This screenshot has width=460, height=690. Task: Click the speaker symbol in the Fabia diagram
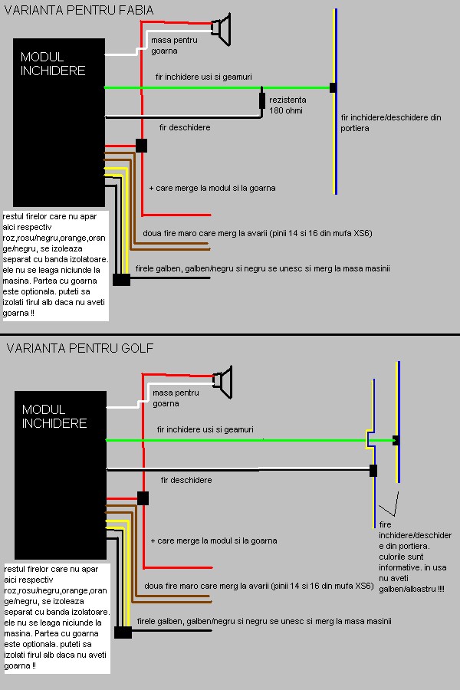coord(222,29)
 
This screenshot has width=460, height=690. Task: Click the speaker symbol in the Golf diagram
coord(223,382)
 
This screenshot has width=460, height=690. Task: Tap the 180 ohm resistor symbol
coord(262,100)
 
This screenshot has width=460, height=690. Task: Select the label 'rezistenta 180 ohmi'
coord(287,105)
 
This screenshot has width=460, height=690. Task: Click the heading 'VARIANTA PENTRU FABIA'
coord(79,10)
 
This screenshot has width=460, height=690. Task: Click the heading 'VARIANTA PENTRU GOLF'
coord(80,348)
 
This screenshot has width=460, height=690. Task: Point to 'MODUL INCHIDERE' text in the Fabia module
coord(53,64)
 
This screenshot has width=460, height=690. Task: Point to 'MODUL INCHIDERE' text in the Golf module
coord(54,416)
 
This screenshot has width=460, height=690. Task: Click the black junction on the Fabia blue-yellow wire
coord(333,87)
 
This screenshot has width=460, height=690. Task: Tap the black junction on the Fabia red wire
coord(141,146)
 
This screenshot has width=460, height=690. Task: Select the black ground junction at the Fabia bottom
coord(121,279)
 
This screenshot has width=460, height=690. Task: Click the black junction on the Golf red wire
coord(143,498)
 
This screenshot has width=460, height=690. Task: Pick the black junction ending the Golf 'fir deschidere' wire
coord(373,471)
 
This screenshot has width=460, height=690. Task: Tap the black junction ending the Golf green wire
coord(396,440)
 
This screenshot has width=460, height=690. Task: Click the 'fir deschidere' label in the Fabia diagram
coord(185,127)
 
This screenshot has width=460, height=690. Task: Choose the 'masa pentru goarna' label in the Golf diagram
coord(176,398)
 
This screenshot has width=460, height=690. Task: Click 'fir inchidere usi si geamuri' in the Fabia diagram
coord(203,77)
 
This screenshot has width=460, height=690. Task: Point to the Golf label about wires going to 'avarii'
coord(259,586)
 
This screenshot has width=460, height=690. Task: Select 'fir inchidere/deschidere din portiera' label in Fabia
coord(390,123)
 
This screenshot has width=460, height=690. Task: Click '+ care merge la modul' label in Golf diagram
coord(214,540)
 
